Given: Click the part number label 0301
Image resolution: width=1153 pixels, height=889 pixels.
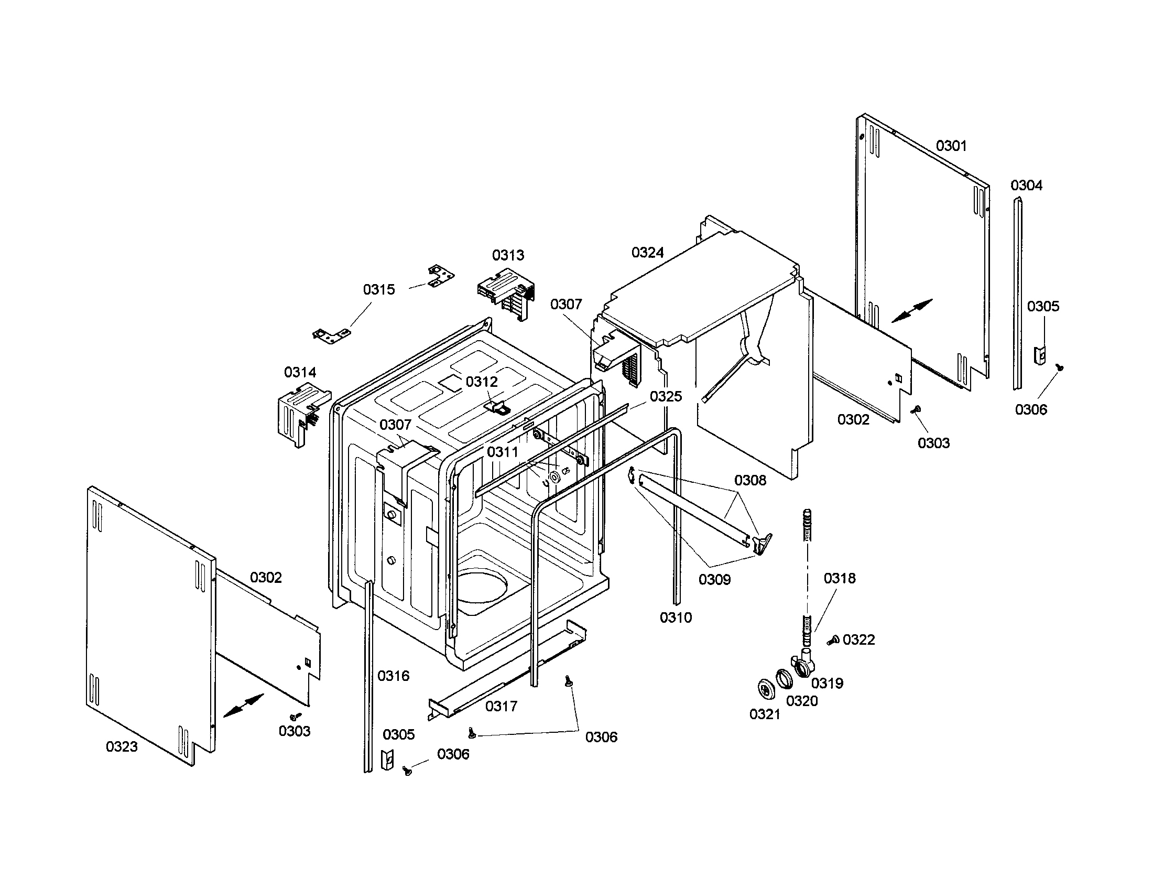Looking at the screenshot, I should (951, 146).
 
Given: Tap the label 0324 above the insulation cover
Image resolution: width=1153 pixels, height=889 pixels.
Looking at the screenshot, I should (647, 253).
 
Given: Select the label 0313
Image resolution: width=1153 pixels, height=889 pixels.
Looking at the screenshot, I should (508, 255).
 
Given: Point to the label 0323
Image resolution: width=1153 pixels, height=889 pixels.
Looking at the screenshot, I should (122, 746).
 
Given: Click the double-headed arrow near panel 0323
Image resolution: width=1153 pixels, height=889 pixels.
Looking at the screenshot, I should (243, 706).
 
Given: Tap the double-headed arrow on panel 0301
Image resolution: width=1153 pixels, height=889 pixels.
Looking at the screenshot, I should (912, 310).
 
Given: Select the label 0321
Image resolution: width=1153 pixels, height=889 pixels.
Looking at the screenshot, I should (765, 714).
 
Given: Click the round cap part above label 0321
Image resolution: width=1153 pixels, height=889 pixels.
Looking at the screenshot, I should (765, 690).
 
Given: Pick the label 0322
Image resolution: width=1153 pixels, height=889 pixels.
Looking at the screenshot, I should (858, 640).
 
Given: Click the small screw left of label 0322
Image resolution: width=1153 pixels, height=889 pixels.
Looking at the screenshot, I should (833, 641).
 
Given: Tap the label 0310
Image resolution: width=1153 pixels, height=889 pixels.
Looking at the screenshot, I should (675, 617).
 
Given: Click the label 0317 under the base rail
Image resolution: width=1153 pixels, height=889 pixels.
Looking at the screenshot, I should (501, 706).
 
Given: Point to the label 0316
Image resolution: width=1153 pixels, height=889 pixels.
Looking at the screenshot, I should (393, 676).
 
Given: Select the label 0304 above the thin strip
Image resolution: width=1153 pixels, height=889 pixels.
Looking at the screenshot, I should (1026, 186).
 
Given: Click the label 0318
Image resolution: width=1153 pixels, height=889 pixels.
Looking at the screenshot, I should (840, 579).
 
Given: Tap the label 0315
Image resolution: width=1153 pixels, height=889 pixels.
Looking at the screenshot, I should (378, 289).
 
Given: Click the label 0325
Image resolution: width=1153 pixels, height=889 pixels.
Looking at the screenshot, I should (666, 396).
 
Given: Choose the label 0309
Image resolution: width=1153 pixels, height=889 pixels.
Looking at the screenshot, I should (714, 580).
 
